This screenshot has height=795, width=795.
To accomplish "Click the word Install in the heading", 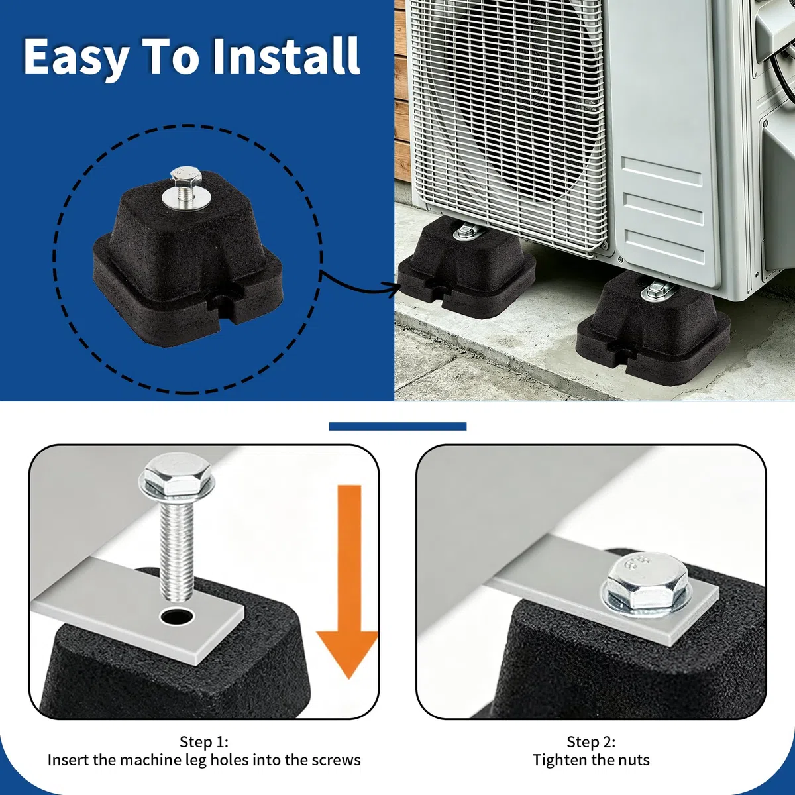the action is (286, 56).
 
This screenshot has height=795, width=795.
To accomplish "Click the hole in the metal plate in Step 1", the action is (178, 617).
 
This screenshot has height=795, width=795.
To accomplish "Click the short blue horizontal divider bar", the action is (397, 427).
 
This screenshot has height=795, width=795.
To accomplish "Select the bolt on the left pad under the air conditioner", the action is (468, 232).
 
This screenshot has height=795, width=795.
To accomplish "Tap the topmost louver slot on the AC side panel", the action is (662, 171).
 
